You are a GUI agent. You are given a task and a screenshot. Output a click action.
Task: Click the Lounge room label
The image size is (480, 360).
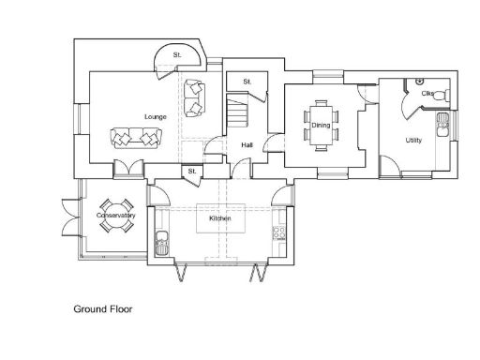(x=156, y=116)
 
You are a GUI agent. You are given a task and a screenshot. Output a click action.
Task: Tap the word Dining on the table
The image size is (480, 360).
(x=321, y=125)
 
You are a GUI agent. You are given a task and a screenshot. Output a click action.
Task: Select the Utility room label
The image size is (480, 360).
(x=413, y=141)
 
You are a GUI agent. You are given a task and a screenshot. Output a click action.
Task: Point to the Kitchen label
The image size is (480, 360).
(x=220, y=217)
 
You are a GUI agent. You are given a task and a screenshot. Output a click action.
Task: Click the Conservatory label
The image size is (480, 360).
(x=117, y=217)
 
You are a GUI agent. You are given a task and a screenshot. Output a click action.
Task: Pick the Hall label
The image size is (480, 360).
(x=247, y=145)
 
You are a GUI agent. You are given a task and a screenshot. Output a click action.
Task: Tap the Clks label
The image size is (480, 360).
(x=427, y=94)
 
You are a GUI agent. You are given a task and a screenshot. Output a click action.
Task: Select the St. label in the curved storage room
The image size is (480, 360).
(x=176, y=56)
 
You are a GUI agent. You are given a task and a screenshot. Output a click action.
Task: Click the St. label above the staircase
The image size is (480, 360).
(x=247, y=82)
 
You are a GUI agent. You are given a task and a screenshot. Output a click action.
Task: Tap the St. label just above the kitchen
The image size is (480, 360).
(x=191, y=172)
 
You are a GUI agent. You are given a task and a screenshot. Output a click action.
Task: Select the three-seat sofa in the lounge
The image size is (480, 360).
(x=135, y=138)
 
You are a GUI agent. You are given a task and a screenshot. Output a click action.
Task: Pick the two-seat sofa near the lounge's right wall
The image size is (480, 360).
(x=195, y=97)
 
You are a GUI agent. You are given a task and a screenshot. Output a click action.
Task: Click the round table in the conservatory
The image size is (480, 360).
(x=116, y=217)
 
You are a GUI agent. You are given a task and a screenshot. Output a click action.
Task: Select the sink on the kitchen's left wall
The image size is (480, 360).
(x=161, y=243)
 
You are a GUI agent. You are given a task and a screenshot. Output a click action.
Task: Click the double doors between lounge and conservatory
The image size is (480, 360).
(x=125, y=170)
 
